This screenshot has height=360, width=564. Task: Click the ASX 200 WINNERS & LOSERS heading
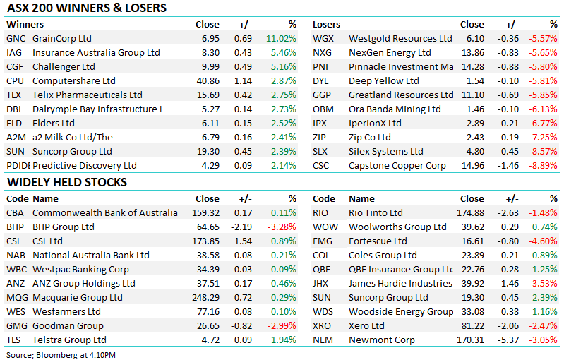pos(87,8)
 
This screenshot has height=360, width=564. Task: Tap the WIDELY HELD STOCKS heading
pos(67,182)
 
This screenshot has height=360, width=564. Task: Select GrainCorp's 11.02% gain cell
pos(281,39)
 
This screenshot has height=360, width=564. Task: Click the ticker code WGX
pos(323,39)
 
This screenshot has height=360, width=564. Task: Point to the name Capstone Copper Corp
pos(397,166)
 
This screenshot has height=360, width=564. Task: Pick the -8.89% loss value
pos(543,166)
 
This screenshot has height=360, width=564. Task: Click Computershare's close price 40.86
pos(208,81)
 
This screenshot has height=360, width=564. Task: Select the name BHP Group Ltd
pos(64,227)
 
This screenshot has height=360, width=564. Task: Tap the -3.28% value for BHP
pos(282,227)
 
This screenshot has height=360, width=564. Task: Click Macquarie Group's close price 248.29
pos(205,298)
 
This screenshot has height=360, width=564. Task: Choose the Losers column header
pos(326,25)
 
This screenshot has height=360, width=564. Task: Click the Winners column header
pos(25,25)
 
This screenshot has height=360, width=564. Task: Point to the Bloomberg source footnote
pos(61,355)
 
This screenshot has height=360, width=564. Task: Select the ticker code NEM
pos(323,340)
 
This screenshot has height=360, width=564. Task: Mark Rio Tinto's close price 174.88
pos(471,213)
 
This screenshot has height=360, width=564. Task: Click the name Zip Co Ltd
pos(369,138)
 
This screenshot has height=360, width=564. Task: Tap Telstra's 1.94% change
pos(284,340)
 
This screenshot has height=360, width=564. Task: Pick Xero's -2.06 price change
pos(508,326)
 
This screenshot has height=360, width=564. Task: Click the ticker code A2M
pos(16,138)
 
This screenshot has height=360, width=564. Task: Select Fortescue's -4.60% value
pos(543,241)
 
